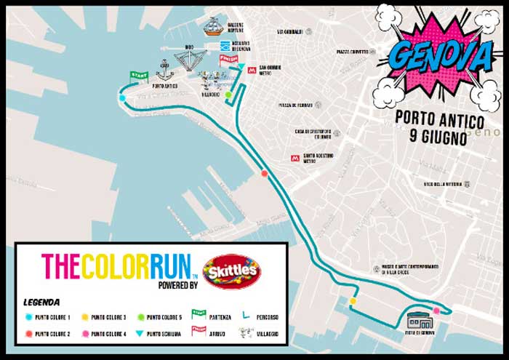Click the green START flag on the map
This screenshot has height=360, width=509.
[x=139, y=75]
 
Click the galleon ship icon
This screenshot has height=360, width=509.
[x=213, y=28]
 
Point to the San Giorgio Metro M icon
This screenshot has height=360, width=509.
[x=252, y=71]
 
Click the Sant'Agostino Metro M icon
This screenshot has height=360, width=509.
[x=295, y=158]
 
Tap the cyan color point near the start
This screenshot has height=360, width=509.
[x=122, y=97]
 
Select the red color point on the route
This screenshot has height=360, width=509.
[x=265, y=173]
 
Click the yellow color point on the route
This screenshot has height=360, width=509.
[x=353, y=301]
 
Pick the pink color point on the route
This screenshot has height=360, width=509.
[x=436, y=311]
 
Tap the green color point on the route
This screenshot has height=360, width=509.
[x=228, y=95]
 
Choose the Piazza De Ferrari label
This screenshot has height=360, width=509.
[x=296, y=105]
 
